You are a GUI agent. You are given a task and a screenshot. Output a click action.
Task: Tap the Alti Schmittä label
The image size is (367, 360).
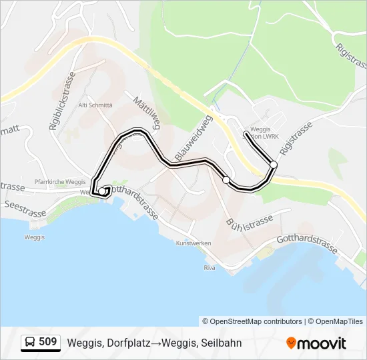click(x=96, y=105)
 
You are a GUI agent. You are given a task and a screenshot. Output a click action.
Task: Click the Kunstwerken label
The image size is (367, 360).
click(x=194, y=243)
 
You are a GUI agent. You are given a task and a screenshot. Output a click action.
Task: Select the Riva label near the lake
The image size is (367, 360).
click(x=210, y=267)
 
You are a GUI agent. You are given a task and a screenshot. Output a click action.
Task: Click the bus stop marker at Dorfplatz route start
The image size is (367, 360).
click(x=102, y=192)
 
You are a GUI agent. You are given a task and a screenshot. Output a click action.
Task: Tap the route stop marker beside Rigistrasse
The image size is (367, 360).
click(x=274, y=164)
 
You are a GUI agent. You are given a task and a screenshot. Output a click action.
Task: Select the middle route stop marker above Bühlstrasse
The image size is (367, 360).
click(x=226, y=180)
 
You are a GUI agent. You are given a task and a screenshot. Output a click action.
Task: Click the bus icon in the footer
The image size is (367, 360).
click(x=30, y=343)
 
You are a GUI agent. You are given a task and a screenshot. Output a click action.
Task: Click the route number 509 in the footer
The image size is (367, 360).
click(x=48, y=342)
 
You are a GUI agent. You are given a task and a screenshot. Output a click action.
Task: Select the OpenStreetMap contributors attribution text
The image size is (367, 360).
click(x=252, y=321)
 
